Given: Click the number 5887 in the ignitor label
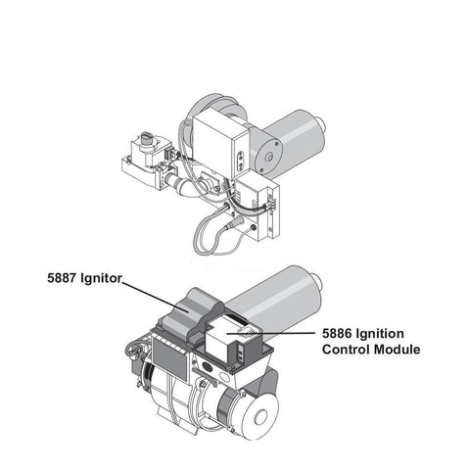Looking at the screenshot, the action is coord(62,278).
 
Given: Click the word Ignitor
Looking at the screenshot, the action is coord(101,278).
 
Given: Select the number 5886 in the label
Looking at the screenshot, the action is coord(337,334).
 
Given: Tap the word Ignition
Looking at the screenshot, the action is coord(380,334).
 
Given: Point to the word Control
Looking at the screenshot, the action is coord(346,350).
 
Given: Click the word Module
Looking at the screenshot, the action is coord(397,350).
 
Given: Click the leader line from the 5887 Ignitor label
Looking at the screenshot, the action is coord(155,297).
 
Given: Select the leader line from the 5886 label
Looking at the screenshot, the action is coord(270,333).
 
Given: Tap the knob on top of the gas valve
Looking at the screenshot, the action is coord(146,139).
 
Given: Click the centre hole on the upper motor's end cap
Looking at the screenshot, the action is coord(268,158).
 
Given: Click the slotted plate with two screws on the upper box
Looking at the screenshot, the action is coord(241,161).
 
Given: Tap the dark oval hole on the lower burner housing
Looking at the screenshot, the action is coord(208,364).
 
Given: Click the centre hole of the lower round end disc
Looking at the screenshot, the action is coord(260,417).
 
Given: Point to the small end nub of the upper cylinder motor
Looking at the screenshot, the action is coord(321,123).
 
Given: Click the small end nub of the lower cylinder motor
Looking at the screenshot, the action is coord(316,281).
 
